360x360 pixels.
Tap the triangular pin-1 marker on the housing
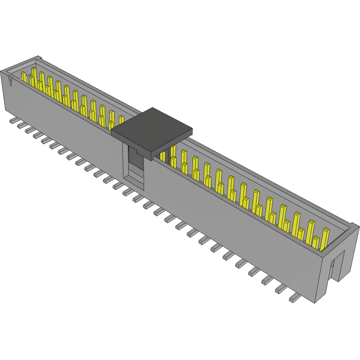(x=11, y=81)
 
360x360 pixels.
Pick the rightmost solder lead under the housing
(x=295, y=298)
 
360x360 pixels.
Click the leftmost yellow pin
(x=23, y=77)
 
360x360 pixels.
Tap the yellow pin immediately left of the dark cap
(x=121, y=120)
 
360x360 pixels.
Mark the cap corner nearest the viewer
(x=149, y=159)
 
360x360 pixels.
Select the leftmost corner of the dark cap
(x=111, y=132)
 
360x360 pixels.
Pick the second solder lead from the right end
(x=281, y=288)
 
